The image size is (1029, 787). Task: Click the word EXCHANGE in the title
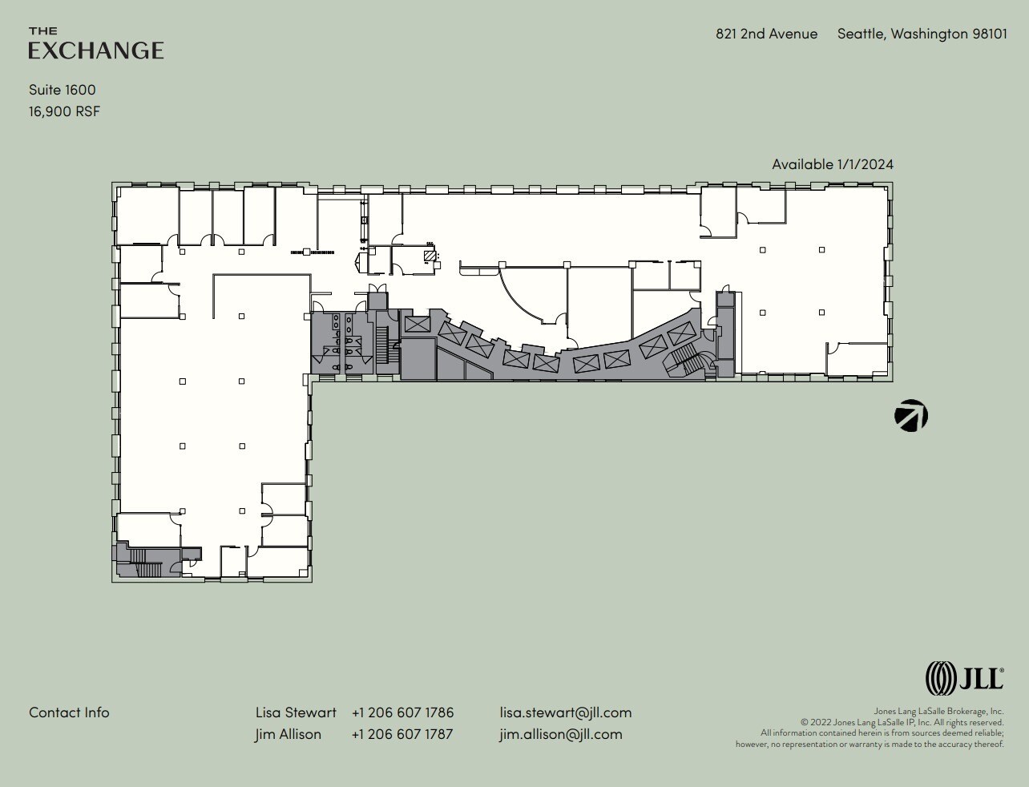pos(96,50)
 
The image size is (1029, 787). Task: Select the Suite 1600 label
pos(63,90)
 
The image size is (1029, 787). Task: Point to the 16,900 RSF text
pos(65,111)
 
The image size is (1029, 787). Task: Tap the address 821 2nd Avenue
pos(766,34)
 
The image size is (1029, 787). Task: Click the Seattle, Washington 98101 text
pos(922,34)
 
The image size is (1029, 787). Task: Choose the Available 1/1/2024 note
pos(832,164)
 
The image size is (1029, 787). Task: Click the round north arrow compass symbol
pos(911,416)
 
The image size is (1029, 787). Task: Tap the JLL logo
pos(964,678)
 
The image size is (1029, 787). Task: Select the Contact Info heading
pos(69,712)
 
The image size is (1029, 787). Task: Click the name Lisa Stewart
pos(296,712)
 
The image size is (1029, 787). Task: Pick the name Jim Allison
pos(288,734)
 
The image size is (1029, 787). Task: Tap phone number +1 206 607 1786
pos(402,712)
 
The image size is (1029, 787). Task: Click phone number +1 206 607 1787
pos(402,734)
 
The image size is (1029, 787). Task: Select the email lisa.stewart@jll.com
pos(565,712)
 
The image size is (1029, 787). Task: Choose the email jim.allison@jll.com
pos(560,734)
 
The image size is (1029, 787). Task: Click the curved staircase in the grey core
pos(687,360)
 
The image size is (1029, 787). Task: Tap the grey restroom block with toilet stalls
pos(341,342)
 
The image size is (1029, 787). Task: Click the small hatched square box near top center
pos(431,256)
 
